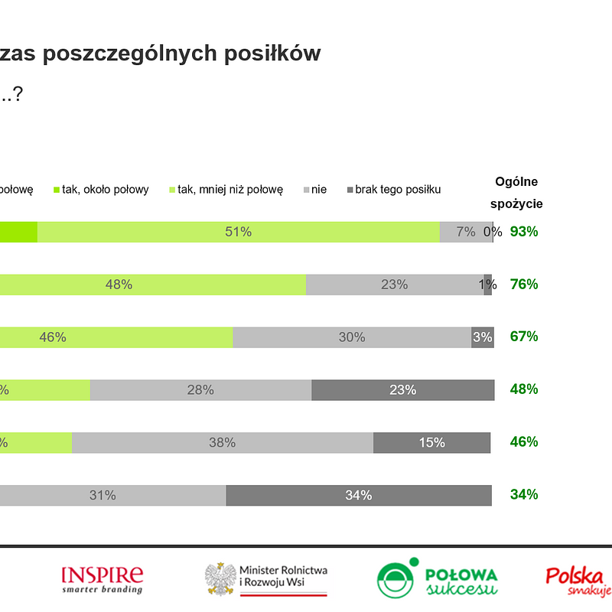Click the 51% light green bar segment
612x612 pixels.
click(239, 232)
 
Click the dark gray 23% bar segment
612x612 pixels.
click(402, 389)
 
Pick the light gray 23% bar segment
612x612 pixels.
click(394, 284)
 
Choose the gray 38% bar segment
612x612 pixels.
click(222, 442)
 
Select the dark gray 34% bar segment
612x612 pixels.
click(358, 495)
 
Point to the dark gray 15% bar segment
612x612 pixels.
click(431, 442)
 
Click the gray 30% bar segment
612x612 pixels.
click(351, 337)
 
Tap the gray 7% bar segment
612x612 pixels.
click(465, 232)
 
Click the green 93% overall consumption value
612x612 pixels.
click(524, 232)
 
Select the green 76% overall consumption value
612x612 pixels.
click(524, 284)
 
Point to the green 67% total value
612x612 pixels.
click(524, 337)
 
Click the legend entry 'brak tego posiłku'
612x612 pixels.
click(394, 189)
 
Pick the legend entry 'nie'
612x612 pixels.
click(314, 189)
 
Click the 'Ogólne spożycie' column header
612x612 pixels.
click(516, 192)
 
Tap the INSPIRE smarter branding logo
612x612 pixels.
click(102, 579)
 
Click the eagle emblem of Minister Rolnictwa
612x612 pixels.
click(220, 579)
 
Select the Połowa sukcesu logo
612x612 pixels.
click(437, 579)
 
